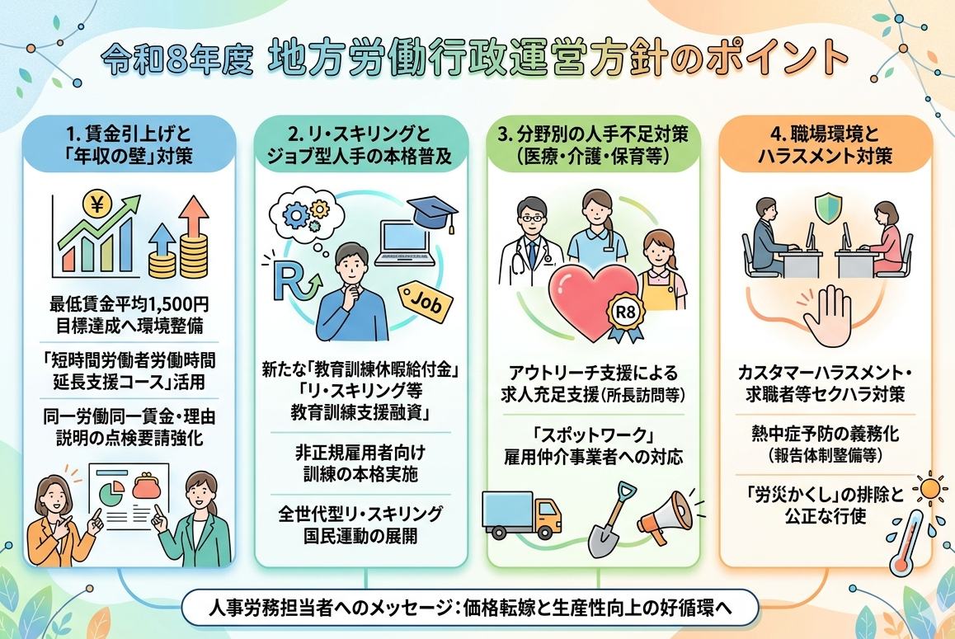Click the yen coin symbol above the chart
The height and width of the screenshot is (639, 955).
pos(96,204)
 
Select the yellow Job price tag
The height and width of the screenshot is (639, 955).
pos(425,302)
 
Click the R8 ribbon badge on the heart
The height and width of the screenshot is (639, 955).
pos(625,316)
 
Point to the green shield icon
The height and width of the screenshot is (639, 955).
pos(828,209)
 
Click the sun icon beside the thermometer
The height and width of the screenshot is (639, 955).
pos(930,489)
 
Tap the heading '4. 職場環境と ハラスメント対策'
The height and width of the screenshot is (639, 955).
pos(826,145)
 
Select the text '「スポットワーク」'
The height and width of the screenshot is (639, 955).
pos(593,435)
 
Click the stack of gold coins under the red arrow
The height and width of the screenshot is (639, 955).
pos(195,256)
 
